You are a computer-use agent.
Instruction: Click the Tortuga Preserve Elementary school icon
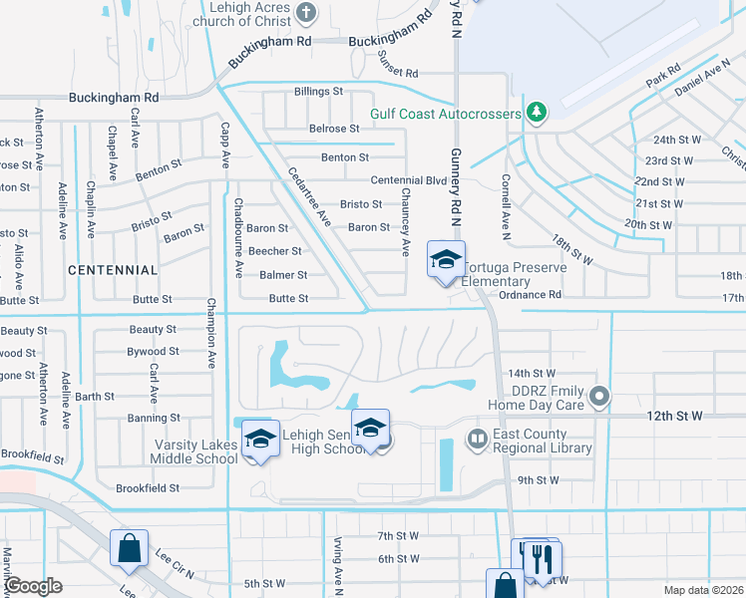446,260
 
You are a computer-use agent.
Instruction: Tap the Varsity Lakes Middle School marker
260,439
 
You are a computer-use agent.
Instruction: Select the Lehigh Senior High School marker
370,429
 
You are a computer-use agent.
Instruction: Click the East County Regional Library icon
478,440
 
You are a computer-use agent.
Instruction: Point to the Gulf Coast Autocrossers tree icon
537,112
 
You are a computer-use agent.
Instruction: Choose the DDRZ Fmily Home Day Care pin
599,398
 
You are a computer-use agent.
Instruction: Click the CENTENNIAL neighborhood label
113,270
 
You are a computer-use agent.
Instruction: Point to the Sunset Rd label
397,74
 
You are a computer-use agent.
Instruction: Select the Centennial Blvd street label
408,180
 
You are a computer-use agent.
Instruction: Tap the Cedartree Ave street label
309,193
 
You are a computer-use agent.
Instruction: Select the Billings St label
318,92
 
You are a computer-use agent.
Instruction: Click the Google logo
34,586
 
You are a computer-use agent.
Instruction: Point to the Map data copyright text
703,590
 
